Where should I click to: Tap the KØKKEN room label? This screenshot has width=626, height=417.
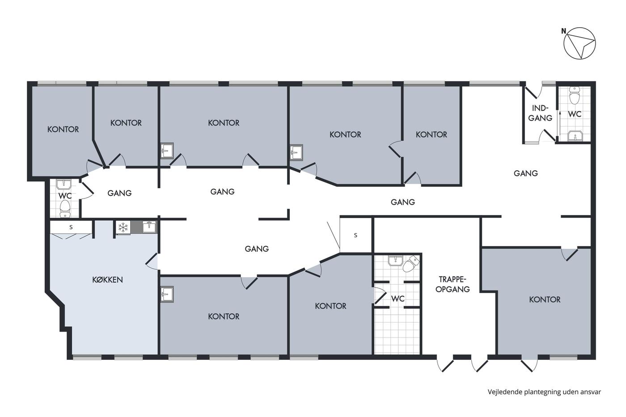coord(108,280)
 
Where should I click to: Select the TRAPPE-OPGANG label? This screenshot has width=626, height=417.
coord(453,284)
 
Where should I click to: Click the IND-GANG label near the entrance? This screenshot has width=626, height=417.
coord(540,113)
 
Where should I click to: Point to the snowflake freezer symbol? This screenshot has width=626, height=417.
coord(123,227)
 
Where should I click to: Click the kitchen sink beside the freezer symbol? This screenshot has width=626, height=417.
coord(149,227)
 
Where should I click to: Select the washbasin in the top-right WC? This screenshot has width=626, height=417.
coord(575,136)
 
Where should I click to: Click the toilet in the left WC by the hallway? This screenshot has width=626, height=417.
coord(65,208)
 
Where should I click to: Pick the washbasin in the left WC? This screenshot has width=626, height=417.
coord(63,184)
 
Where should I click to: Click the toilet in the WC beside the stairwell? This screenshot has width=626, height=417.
coord(410,264)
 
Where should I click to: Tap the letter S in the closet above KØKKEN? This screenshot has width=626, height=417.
coord(71,227)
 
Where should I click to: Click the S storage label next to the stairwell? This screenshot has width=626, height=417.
coord(355,235)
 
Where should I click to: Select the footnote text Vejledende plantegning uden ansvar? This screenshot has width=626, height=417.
coord(544,392)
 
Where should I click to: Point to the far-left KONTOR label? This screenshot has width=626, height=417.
coord(63,129)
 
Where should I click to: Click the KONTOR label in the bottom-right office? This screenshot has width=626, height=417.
coord(545,300)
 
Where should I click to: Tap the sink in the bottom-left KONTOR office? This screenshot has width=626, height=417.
coord(167,294)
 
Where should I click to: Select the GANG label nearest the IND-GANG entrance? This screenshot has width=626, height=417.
coord(526,173)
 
